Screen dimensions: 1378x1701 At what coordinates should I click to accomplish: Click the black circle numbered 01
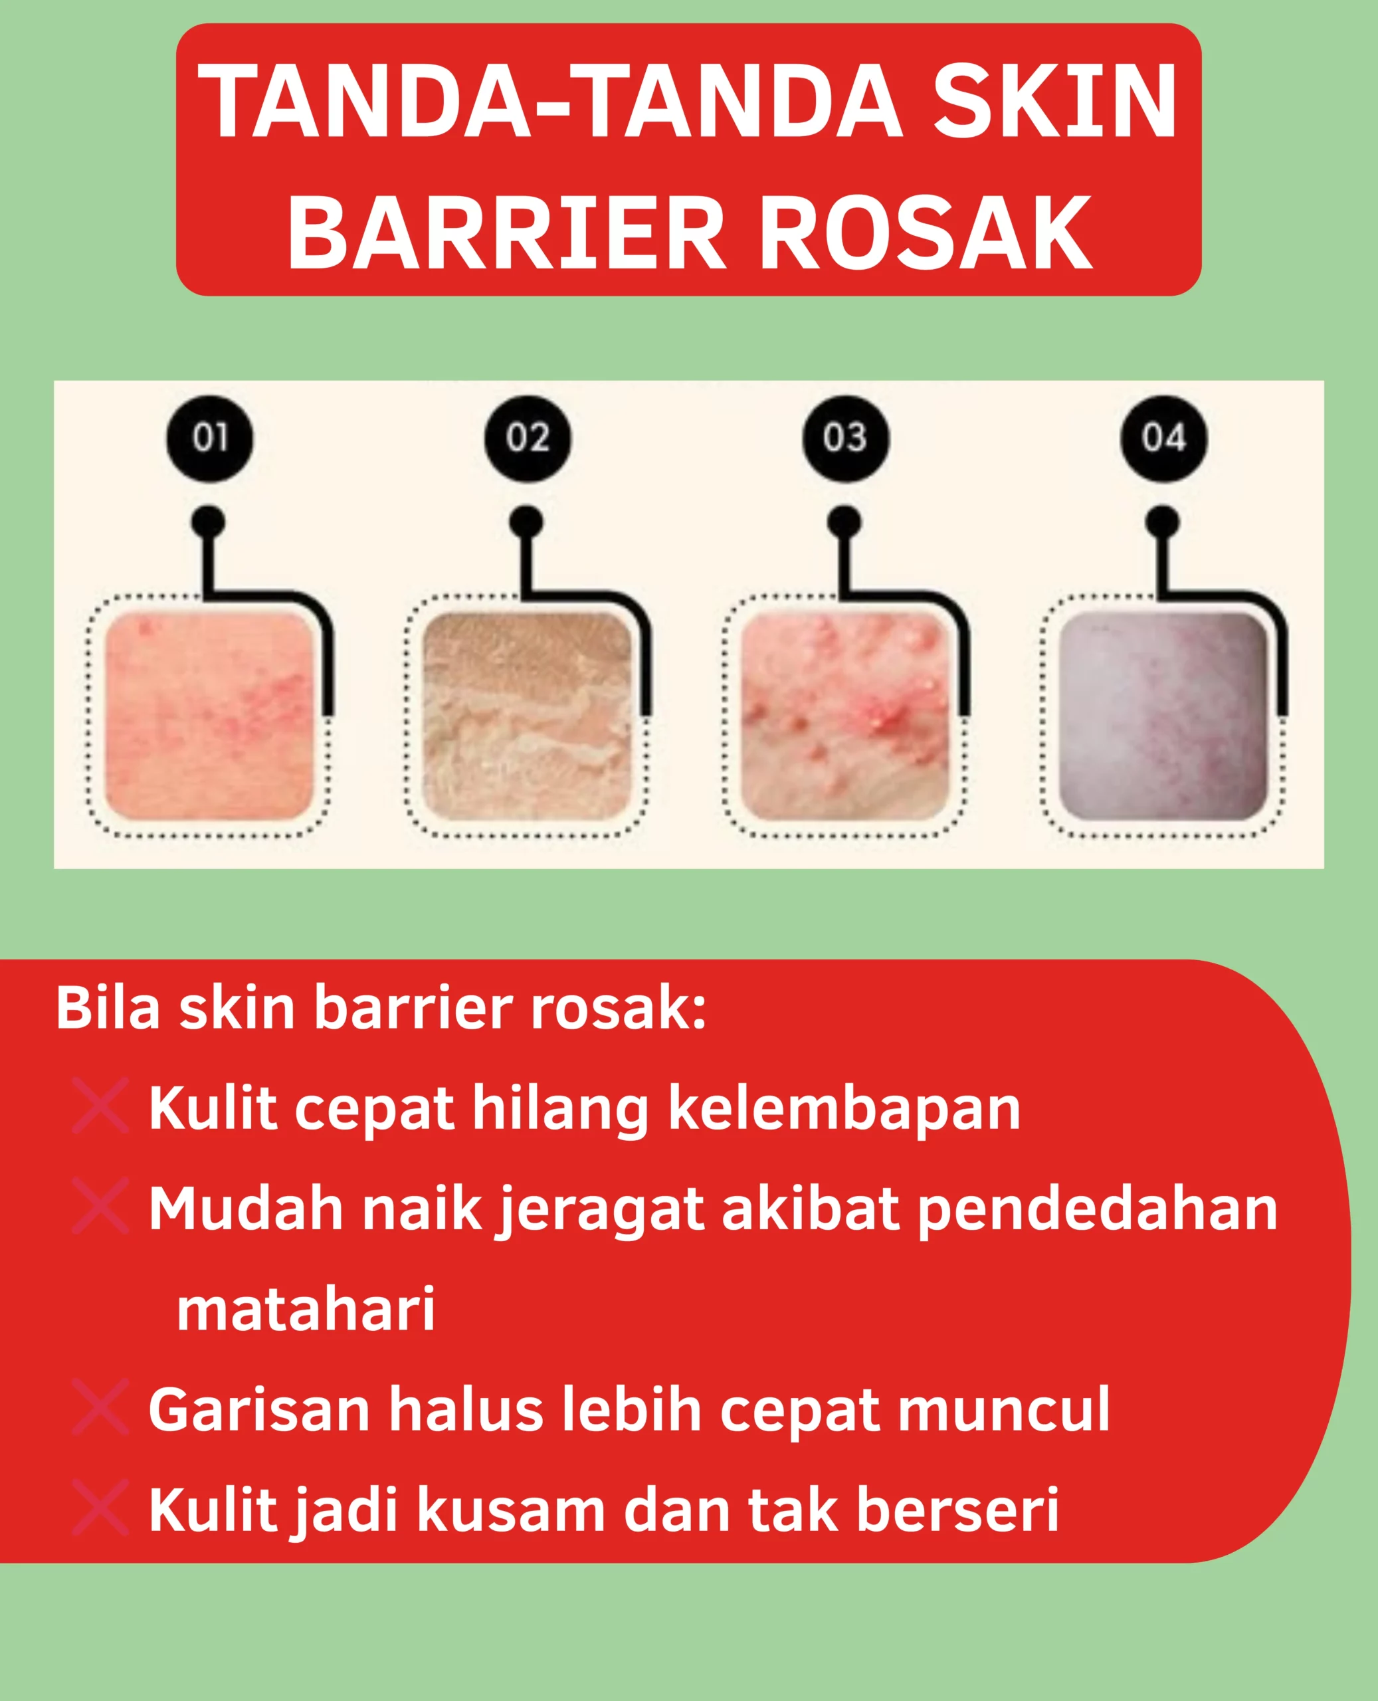pyautogui.click(x=209, y=437)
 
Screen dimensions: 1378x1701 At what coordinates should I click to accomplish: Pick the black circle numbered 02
pyautogui.click(x=527, y=437)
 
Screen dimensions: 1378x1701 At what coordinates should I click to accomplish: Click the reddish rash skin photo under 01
pyautogui.click(x=209, y=716)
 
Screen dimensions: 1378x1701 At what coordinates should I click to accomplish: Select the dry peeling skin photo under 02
pyautogui.click(x=527, y=716)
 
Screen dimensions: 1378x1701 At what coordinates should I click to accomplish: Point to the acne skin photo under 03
pyautogui.click(x=844, y=716)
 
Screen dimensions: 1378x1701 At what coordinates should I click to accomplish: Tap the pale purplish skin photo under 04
pyautogui.click(x=1163, y=716)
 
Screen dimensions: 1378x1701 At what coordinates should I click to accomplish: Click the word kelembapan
pyautogui.click(x=844, y=1108)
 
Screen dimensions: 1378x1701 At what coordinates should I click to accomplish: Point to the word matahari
pyautogui.click(x=306, y=1309)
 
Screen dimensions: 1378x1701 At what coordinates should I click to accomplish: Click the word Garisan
pyautogui.click(x=258, y=1410)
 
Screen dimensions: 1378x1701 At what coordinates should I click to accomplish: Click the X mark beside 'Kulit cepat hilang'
pyautogui.click(x=100, y=1105)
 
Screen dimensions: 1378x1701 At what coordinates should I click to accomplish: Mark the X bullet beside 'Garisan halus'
pyautogui.click(x=100, y=1407)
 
